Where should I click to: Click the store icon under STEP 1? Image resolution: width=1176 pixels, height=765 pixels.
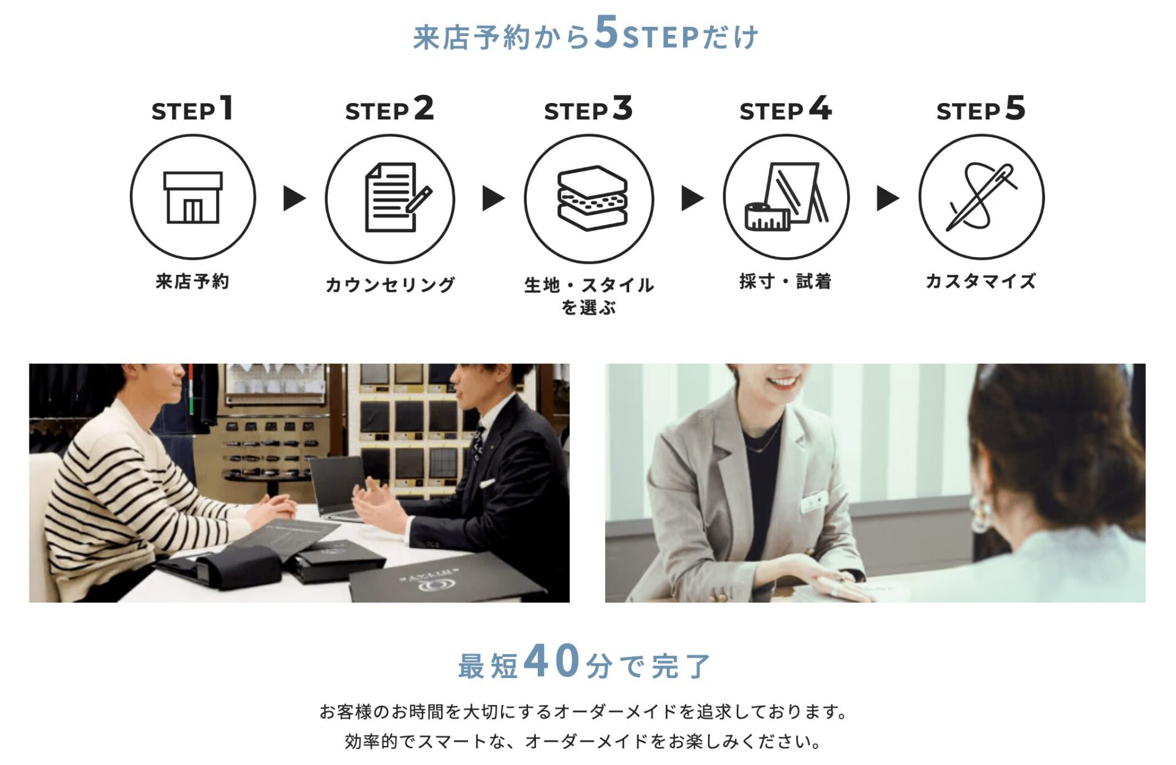click(192, 197)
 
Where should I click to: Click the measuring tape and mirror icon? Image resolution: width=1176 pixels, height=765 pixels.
click(786, 197)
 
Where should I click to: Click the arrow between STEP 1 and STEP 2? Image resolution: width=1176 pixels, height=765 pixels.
click(294, 198)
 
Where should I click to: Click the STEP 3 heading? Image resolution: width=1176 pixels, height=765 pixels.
click(588, 110)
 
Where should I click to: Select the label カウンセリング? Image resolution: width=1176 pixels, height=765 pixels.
click(390, 285)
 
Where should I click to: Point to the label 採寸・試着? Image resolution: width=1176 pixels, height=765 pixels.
click(785, 282)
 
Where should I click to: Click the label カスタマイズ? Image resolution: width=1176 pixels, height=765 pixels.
click(981, 282)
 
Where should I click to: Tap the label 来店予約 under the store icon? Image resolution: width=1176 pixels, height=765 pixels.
click(192, 282)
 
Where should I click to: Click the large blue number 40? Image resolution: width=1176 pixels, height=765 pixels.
click(552, 661)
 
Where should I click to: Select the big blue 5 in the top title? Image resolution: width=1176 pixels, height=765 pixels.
click(606, 32)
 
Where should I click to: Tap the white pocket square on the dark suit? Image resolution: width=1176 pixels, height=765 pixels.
click(488, 484)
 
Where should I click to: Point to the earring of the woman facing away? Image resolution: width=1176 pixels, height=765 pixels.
click(981, 514)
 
